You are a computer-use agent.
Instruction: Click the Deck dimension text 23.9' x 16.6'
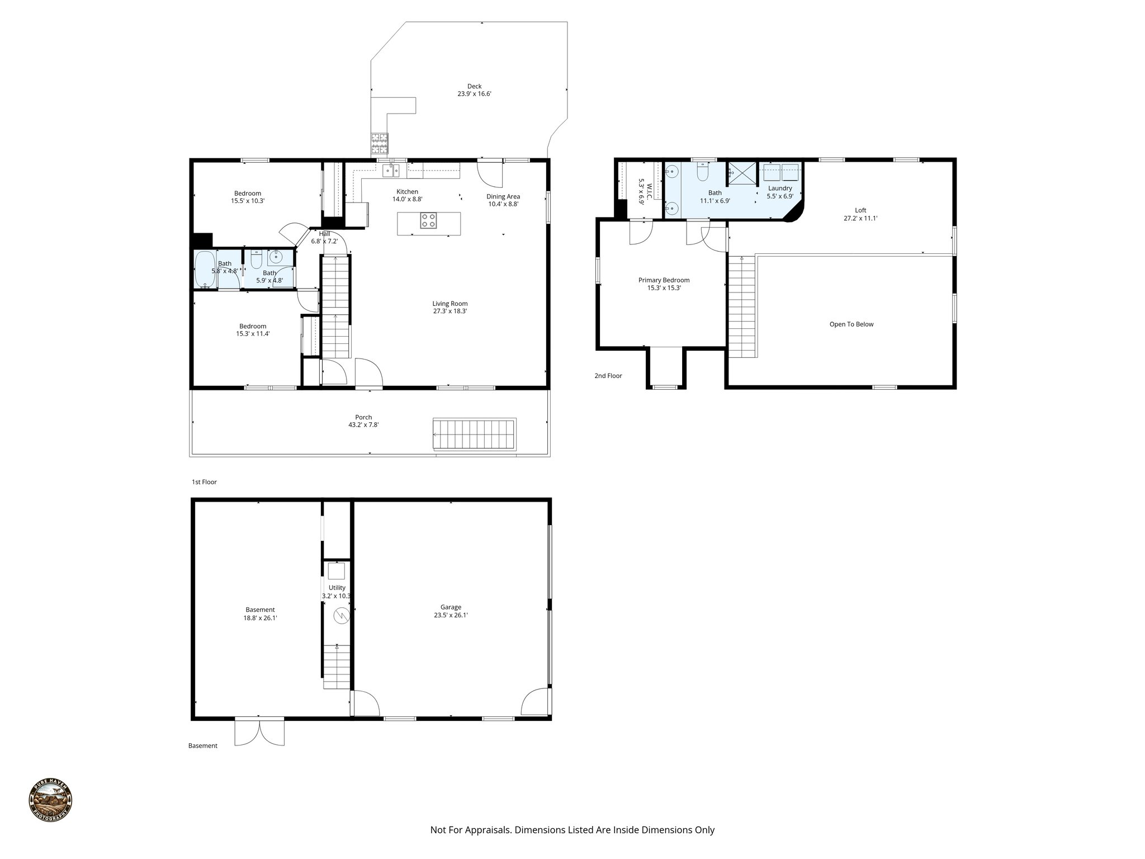click(474, 94)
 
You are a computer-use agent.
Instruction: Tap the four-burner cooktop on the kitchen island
click(429, 220)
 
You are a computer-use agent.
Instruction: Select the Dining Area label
click(503, 196)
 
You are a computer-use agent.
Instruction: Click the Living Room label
click(450, 304)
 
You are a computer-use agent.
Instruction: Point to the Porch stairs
click(474, 434)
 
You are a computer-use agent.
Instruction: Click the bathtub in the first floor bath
click(205, 269)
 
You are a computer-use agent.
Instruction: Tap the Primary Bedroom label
click(664, 280)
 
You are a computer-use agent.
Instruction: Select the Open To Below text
click(851, 324)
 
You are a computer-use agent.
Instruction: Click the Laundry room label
click(779, 188)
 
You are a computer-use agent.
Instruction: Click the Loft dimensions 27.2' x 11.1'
click(860, 219)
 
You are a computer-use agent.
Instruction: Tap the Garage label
click(451, 607)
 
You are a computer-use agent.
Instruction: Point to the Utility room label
click(337, 588)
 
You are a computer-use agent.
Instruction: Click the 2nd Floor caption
click(608, 376)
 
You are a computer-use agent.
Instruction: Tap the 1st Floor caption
click(204, 482)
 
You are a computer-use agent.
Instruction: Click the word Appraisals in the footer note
click(489, 830)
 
